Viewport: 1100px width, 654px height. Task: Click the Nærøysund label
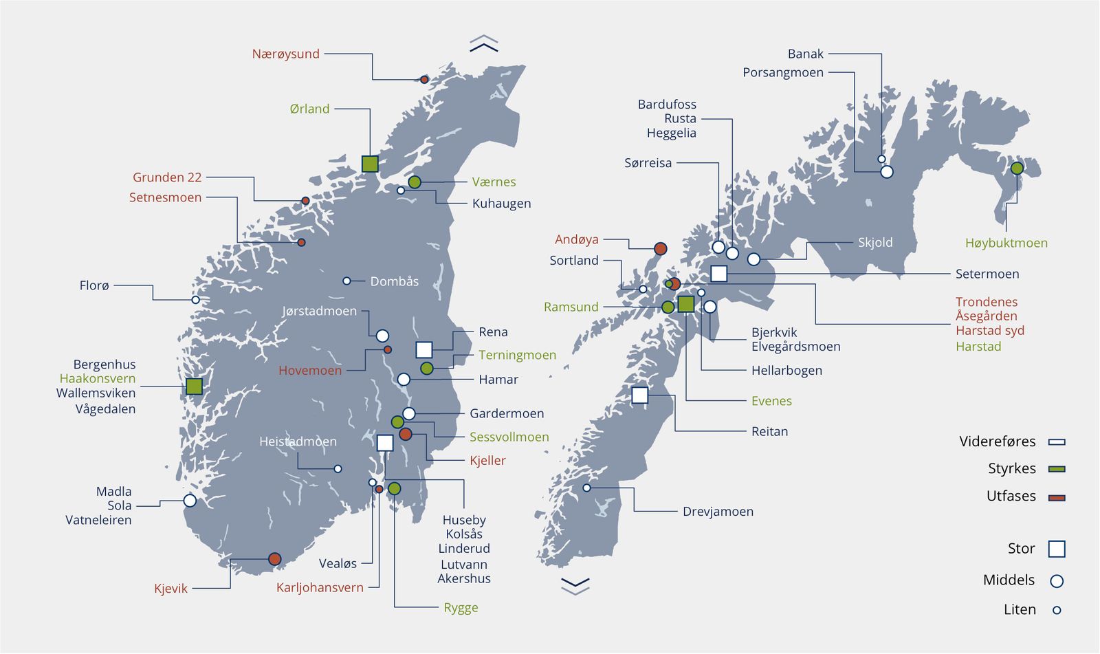coord(286,54)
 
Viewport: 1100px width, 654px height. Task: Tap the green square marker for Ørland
coord(370,164)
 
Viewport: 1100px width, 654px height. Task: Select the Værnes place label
coord(494,182)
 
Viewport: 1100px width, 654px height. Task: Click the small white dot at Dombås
coord(346,281)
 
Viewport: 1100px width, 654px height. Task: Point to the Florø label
coord(94,285)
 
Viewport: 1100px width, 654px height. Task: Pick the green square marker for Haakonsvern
coord(194,386)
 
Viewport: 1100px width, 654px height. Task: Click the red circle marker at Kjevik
coord(274,558)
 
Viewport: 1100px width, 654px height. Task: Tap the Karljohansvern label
coord(320,587)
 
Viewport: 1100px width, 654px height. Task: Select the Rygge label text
coord(461,607)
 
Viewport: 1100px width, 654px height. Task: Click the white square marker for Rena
coord(424,349)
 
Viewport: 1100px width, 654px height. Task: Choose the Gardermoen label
coord(507,413)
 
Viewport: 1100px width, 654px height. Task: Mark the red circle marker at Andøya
coord(660,248)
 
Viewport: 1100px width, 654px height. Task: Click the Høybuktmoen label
coord(1006,243)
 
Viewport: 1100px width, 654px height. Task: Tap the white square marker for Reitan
coord(639,395)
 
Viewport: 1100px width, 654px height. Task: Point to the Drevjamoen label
coord(718,512)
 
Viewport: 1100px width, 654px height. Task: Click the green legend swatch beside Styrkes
coord(1057,469)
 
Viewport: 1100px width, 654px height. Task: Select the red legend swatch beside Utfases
coord(1057,497)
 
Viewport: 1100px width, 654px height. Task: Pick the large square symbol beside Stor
coord(1057,549)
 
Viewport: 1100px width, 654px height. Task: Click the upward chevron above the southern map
coord(484,44)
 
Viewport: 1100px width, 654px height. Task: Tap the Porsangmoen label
coord(783,72)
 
